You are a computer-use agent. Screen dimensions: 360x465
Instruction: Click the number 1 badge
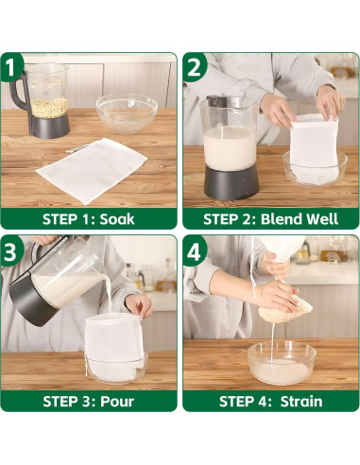point(11,67)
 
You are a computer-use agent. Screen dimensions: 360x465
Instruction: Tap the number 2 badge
point(194,67)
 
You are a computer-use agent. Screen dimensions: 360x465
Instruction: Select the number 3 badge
point(11,250)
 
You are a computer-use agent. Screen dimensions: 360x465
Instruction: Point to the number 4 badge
point(194,250)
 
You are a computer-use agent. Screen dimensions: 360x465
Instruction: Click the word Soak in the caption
point(117,219)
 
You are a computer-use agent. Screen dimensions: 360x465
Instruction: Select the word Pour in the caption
point(117,402)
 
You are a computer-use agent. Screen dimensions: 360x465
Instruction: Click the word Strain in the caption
point(301,402)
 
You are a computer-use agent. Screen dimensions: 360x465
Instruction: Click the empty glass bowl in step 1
point(127,112)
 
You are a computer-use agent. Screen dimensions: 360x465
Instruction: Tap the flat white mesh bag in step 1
point(92,170)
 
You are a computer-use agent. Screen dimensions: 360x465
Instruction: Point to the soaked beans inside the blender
point(50,108)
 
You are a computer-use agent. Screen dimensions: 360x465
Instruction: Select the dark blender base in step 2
point(231,182)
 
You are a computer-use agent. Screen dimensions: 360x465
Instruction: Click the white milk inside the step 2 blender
point(230,147)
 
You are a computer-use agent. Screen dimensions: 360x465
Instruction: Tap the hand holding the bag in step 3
point(139,304)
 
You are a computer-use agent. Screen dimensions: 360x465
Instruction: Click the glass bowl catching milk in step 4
point(282,363)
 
